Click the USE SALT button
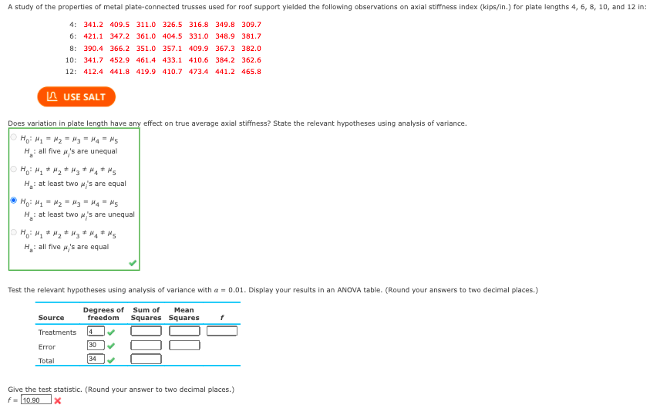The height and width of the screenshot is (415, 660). coord(76,97)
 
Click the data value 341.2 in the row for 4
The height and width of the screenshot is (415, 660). coord(93,25)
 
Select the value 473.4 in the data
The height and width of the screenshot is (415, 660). coord(199,72)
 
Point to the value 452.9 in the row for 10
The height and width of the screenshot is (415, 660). coord(120,60)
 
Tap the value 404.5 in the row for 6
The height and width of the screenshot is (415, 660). coord(172,36)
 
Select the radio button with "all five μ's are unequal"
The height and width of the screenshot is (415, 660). coord(13,137)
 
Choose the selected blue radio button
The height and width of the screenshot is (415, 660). coord(13,201)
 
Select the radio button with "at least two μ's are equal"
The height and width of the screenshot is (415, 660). coord(13,170)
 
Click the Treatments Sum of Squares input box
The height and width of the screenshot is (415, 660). coord(146,332)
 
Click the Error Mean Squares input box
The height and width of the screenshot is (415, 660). coord(184,346)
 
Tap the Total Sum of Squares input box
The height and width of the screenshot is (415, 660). coord(146,359)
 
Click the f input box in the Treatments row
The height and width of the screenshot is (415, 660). coord(222,332)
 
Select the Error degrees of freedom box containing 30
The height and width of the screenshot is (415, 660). coord(96,346)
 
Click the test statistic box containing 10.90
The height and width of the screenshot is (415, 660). coord(35,400)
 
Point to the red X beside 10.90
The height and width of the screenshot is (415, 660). coord(58,400)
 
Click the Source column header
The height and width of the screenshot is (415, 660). coord(51,318)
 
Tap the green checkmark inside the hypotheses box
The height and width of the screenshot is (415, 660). coord(133,263)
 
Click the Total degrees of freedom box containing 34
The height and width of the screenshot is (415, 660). coord(96,359)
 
